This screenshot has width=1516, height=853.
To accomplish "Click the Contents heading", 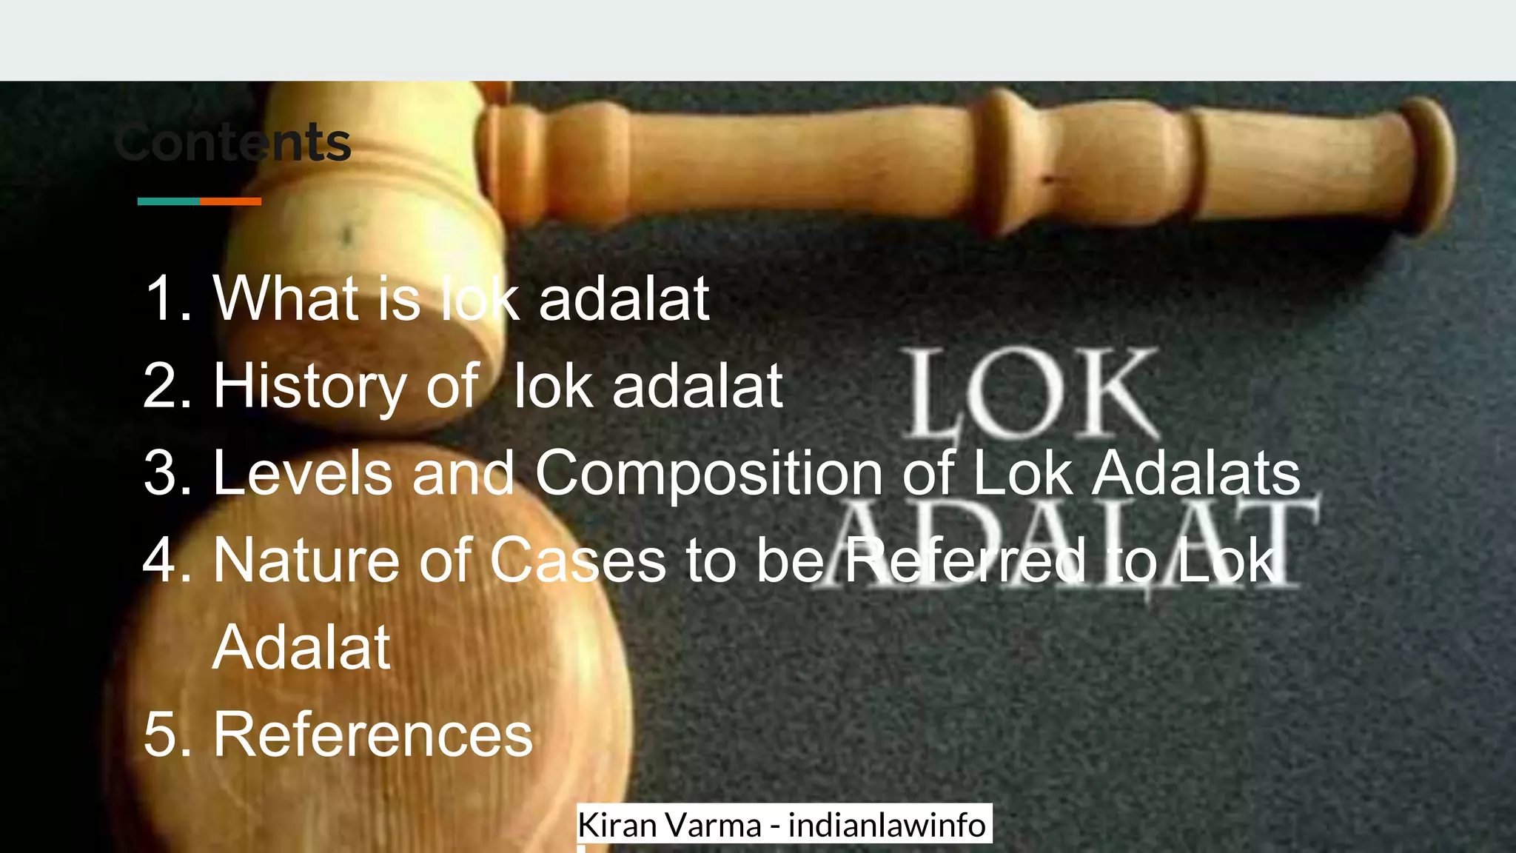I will click(x=233, y=142).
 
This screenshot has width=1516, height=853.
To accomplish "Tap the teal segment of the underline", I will click(x=169, y=201).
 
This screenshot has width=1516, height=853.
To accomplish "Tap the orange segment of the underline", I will click(x=230, y=201).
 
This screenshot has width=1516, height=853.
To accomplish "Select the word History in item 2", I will click(x=309, y=387).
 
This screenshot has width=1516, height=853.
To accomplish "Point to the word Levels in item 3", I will click(x=302, y=473).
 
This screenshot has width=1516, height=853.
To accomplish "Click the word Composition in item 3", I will click(x=708, y=473).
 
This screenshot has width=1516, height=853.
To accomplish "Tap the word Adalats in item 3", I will click(x=1196, y=473).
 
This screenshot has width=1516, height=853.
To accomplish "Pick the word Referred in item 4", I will click(x=965, y=561).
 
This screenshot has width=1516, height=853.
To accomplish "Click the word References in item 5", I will click(x=373, y=735).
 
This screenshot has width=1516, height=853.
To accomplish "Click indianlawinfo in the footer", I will click(x=886, y=825).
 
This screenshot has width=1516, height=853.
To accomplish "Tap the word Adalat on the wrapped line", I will click(x=301, y=648).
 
